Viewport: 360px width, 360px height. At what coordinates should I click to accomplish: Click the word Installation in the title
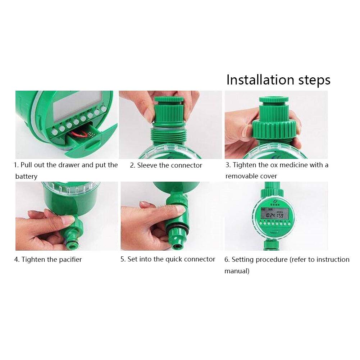pos(260,80)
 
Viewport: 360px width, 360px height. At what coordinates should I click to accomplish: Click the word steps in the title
pos(314,81)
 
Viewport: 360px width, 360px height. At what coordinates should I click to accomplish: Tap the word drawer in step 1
pos(69,165)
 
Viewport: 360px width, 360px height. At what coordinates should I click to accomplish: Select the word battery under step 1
pos(26,176)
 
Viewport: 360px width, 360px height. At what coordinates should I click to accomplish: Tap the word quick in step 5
pos(174,259)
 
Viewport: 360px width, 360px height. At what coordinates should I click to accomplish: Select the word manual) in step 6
pos(237,271)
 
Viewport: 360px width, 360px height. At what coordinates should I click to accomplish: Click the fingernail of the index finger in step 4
pos(68,220)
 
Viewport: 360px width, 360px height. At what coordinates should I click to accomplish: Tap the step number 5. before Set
pos(123,259)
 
